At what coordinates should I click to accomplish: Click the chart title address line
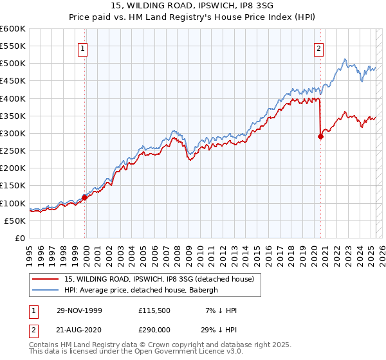point(192,7)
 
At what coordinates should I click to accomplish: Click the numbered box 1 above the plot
point(84,47)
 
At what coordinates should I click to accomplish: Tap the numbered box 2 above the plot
point(319,47)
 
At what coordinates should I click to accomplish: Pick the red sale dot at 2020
point(320,136)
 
